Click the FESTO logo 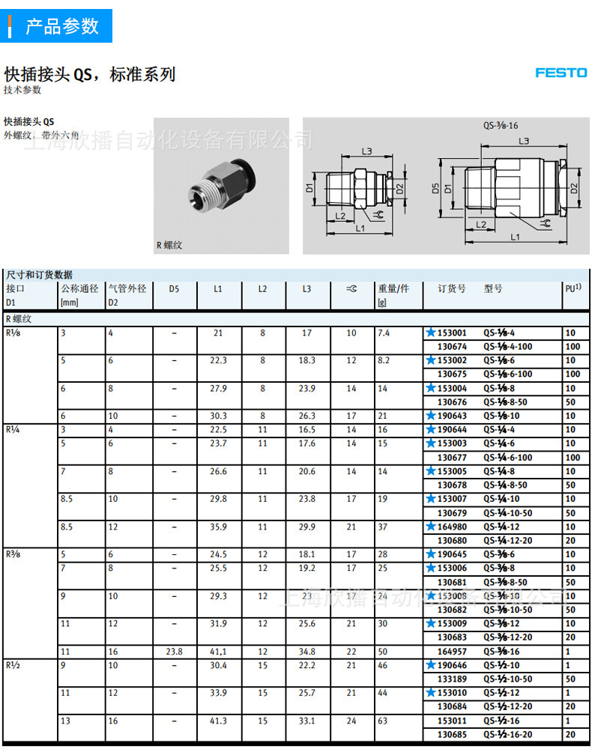[x=561, y=73]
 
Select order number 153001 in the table [x=452, y=333]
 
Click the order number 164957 [x=452, y=652]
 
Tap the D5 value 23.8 [x=174, y=652]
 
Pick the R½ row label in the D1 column [x=13, y=665]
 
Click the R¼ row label [x=13, y=430]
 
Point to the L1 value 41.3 [x=218, y=721]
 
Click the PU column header [x=573, y=288]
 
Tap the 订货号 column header [x=452, y=288]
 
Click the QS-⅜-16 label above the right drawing [x=501, y=126]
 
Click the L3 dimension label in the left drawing [x=366, y=151]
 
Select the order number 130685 [x=452, y=734]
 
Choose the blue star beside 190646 [x=431, y=665]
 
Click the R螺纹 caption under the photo [x=169, y=244]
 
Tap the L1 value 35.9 [x=218, y=527]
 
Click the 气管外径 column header [x=127, y=288]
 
